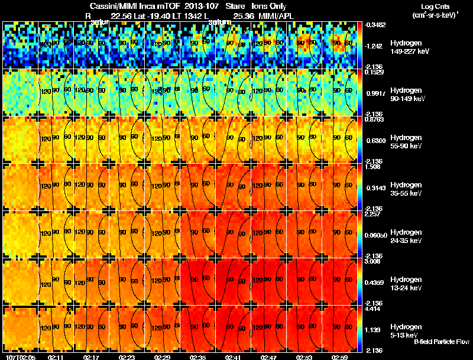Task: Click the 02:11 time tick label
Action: [56, 357]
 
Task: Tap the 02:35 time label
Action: [198, 357]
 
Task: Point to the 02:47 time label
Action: [269, 357]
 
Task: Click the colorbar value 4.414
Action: [373, 309]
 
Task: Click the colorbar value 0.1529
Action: [373, 72]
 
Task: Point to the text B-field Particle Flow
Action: [441, 342]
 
